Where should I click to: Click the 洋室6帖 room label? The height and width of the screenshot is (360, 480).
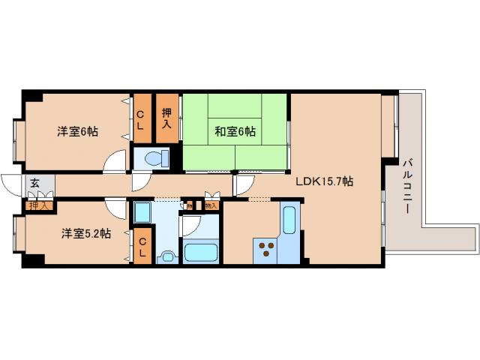pyautogui.click(x=77, y=132)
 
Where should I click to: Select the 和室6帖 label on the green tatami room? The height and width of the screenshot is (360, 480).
pyautogui.click(x=235, y=132)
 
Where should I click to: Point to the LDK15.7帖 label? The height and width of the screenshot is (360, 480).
pyautogui.click(x=324, y=181)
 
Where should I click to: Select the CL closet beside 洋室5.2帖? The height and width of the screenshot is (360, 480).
pyautogui.click(x=142, y=245)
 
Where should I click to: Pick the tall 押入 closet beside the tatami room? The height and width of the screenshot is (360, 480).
pyautogui.click(x=167, y=118)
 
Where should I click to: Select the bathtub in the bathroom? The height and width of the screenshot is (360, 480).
pyautogui.click(x=199, y=252)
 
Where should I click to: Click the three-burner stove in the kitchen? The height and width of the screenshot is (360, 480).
pyautogui.click(x=265, y=248)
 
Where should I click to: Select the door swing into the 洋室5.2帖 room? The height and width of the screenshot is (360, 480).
pyautogui.click(x=115, y=208)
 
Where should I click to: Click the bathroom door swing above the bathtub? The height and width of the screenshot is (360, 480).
pyautogui.click(x=190, y=224)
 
